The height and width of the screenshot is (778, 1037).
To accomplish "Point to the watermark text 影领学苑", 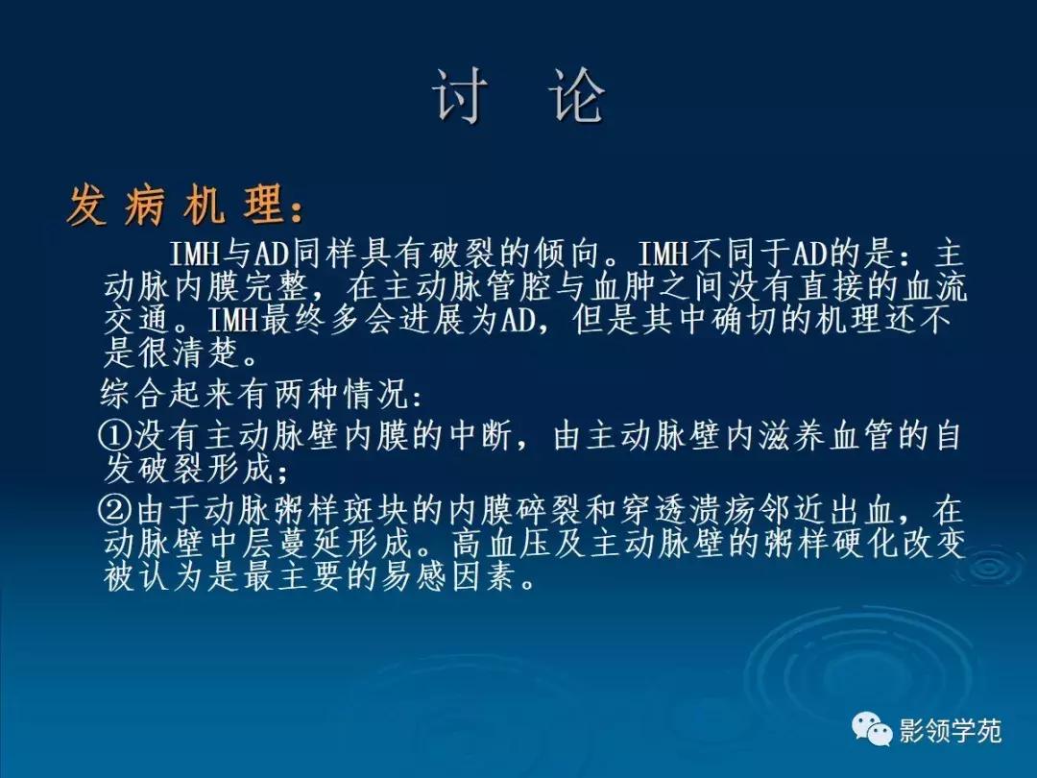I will pos(951,732).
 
